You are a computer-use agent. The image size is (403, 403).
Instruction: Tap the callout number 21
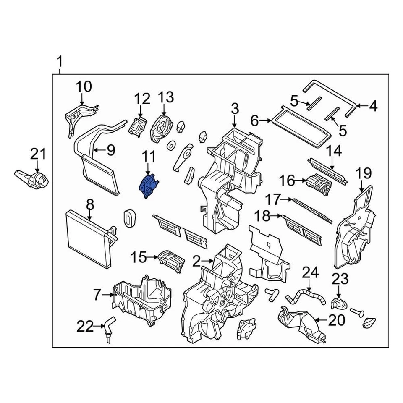pyautogui.click(x=38, y=154)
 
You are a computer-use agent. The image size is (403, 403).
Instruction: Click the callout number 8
pyautogui.click(x=90, y=205)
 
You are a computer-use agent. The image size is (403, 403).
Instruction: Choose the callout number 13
pyautogui.click(x=165, y=98)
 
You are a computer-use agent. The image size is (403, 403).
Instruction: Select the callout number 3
pyautogui.click(x=234, y=110)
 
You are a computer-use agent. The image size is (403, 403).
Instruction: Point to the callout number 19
pyautogui.click(x=364, y=173)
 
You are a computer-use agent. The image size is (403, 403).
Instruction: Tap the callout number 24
pyautogui.click(x=311, y=273)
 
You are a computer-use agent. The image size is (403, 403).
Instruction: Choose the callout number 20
pyautogui.click(x=337, y=320)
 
